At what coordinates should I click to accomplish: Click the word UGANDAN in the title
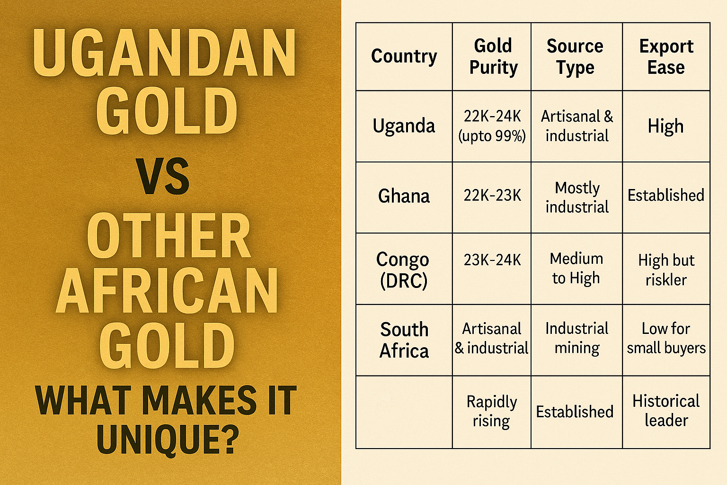tap(165, 53)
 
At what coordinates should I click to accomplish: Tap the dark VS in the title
tap(163, 176)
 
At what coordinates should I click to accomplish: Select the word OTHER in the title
tap(169, 235)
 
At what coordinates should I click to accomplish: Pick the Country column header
tap(404, 56)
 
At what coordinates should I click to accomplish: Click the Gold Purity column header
tap(493, 56)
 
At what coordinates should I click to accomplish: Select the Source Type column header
tap(575, 56)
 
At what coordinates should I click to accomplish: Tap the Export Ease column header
tap(666, 56)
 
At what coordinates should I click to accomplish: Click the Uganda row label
tap(404, 126)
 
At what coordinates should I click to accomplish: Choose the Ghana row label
tap(404, 196)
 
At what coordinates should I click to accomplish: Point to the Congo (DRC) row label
tap(403, 269)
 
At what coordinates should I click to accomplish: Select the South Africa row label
tap(404, 340)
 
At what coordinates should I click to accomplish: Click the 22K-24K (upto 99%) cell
tap(492, 126)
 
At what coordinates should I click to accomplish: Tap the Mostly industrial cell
tap(577, 197)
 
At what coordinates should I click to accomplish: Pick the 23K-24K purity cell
tap(492, 260)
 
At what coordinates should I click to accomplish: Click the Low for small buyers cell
tap(666, 338)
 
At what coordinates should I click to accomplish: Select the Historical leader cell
tap(666, 411)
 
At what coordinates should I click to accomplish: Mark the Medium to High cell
tap(576, 269)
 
